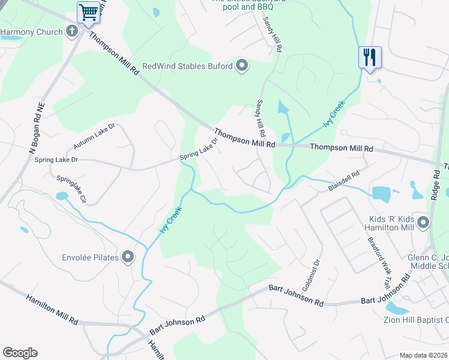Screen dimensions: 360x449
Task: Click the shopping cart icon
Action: pyautogui.click(x=88, y=12)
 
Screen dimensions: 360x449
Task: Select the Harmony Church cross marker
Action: pyautogui.click(x=73, y=31)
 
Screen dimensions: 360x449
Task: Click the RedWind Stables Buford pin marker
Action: pyautogui.click(x=241, y=65)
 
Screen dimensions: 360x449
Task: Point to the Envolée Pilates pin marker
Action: pyautogui.click(x=128, y=257)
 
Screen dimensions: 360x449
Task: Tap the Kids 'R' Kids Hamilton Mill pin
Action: pyautogui.click(x=423, y=223)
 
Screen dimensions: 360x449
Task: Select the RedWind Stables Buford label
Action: pyautogui.click(x=187, y=66)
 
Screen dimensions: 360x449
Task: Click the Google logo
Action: pyautogui.click(x=20, y=353)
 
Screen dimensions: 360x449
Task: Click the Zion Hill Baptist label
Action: pyautogui.click(x=416, y=319)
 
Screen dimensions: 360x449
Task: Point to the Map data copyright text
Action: pyautogui.click(x=424, y=355)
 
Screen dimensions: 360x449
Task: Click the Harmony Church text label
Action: pyautogui.click(x=31, y=32)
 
